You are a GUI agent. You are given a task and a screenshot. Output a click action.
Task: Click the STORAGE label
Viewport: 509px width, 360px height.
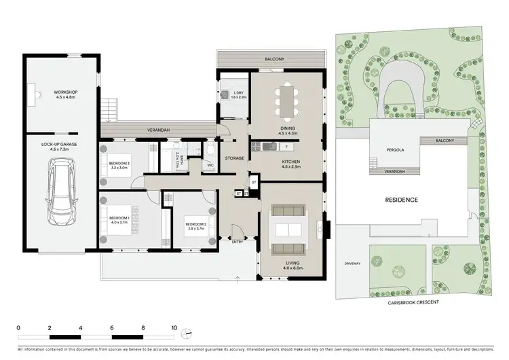234,158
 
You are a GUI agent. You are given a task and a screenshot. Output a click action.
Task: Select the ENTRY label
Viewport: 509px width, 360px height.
238,242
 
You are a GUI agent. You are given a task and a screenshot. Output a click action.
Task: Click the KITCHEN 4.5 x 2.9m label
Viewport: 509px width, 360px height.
287,164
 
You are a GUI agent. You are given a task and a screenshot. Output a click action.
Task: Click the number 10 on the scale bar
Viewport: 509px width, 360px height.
174,327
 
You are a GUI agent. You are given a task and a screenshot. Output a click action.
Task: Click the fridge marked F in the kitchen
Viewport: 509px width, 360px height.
287,147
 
